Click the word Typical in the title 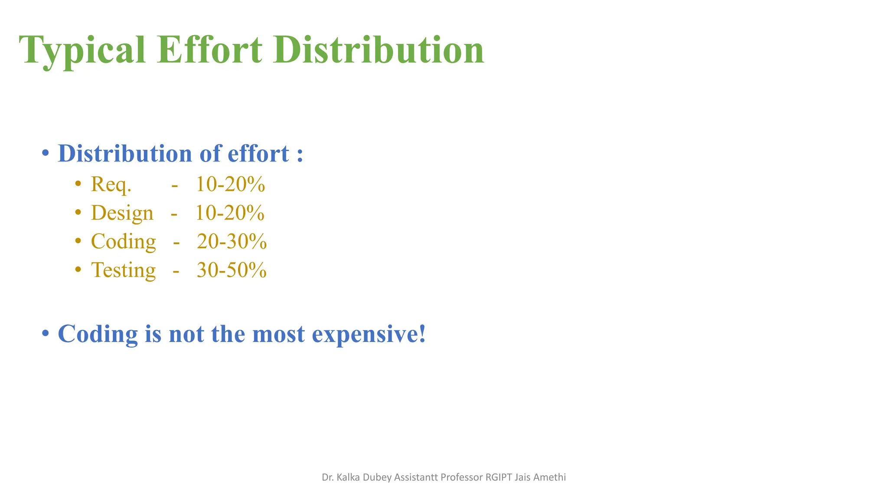point(82,51)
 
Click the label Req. point(111,184)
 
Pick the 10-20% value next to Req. point(230,184)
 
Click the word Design point(122,213)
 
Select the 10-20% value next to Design point(230,213)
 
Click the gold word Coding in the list point(123,242)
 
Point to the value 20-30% point(232,242)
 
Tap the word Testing point(123,270)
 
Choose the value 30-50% point(232,270)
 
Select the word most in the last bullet point(278,334)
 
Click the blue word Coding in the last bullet point(98,334)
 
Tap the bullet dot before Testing point(78,270)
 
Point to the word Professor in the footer point(461,477)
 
